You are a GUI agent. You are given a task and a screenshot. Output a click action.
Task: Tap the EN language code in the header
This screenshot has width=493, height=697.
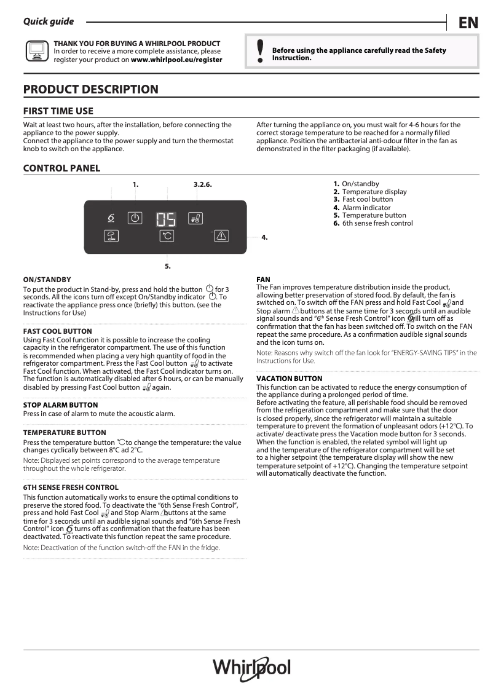click(468, 23)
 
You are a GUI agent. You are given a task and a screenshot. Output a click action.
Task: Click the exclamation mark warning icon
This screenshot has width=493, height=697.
click(260, 52)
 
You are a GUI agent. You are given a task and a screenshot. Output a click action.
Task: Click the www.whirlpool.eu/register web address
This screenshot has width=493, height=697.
click(176, 60)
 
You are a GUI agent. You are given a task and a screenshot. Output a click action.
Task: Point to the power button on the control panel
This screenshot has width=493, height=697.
click(135, 218)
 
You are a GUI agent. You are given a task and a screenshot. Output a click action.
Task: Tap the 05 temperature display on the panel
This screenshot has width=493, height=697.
click(165, 219)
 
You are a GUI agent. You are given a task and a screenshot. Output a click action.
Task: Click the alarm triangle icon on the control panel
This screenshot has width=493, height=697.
click(221, 235)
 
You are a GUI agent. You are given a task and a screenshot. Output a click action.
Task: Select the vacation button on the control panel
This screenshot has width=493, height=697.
click(111, 235)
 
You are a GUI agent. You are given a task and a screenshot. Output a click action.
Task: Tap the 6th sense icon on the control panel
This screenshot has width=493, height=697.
click(111, 218)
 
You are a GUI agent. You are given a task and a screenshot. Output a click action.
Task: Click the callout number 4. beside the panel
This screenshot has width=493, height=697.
click(264, 237)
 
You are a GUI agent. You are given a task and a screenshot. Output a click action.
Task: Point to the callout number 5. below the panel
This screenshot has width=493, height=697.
click(167, 266)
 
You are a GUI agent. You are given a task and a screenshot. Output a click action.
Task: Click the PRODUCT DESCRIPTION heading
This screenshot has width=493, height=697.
click(90, 90)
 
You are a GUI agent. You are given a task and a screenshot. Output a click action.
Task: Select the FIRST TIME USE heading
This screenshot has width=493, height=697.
click(58, 111)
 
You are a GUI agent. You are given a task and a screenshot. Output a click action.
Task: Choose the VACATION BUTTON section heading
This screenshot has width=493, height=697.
click(289, 379)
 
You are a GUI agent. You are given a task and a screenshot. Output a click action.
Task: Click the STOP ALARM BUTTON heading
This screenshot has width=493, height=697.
click(60, 405)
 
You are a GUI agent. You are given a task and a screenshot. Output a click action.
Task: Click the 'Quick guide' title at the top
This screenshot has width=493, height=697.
click(49, 22)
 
